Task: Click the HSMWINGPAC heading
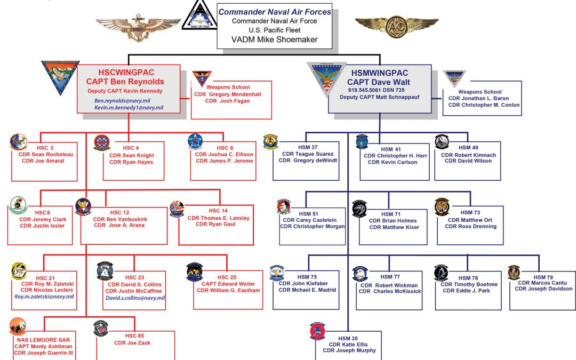click(379, 73)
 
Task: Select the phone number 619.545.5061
click(363, 90)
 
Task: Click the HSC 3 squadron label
click(44, 148)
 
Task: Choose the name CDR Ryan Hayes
click(131, 162)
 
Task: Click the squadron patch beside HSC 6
click(195, 141)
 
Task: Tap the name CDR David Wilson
click(468, 162)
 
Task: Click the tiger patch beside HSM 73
click(442, 207)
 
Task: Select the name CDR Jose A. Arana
click(119, 225)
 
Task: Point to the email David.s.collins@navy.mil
click(134, 298)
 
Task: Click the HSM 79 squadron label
click(542, 277)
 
